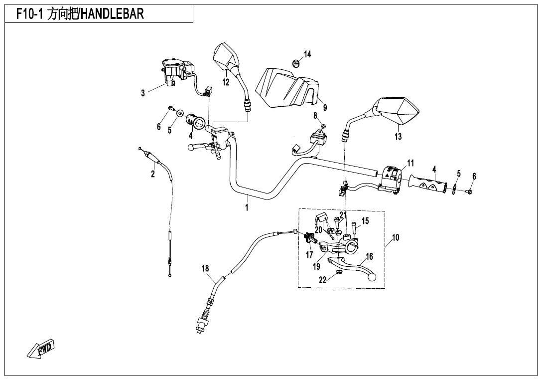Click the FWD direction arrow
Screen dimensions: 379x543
tap(41, 350)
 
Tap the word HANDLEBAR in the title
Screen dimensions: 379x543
tap(112, 13)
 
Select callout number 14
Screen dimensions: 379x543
tap(308, 54)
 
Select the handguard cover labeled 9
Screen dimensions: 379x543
tap(286, 87)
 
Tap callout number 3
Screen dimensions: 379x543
tap(143, 93)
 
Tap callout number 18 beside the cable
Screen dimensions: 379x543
tap(205, 268)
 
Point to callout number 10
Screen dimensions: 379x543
tap(396, 237)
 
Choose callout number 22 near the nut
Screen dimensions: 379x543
tap(323, 280)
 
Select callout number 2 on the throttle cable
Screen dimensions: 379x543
tap(153, 174)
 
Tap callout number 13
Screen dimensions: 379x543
tap(398, 136)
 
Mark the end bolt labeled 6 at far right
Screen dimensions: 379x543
tap(470, 191)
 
